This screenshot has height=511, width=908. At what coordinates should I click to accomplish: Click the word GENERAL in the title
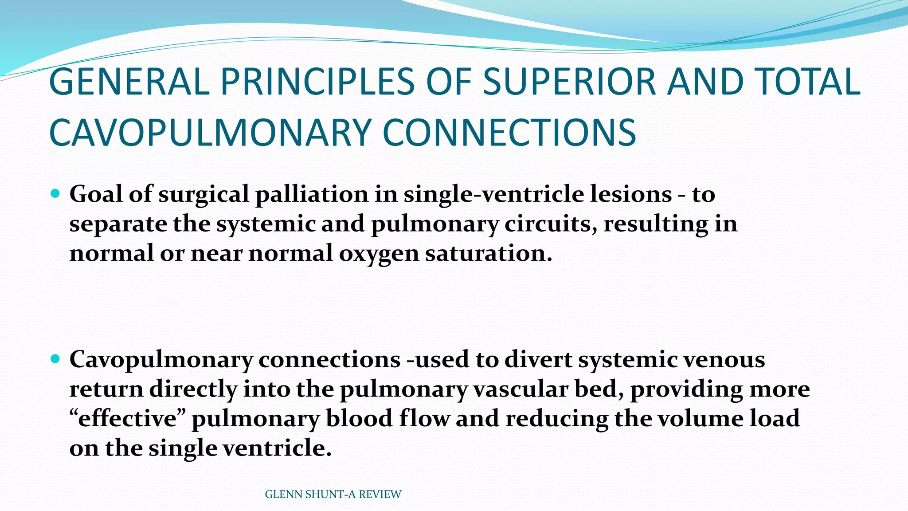tap(129, 82)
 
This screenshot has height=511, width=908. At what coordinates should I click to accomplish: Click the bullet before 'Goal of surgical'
tap(55, 193)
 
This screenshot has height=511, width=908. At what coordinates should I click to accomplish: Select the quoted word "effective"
tap(127, 418)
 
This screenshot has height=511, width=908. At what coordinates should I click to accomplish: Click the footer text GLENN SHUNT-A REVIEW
tap(333, 494)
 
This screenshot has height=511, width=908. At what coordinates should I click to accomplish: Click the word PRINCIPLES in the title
tap(317, 82)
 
